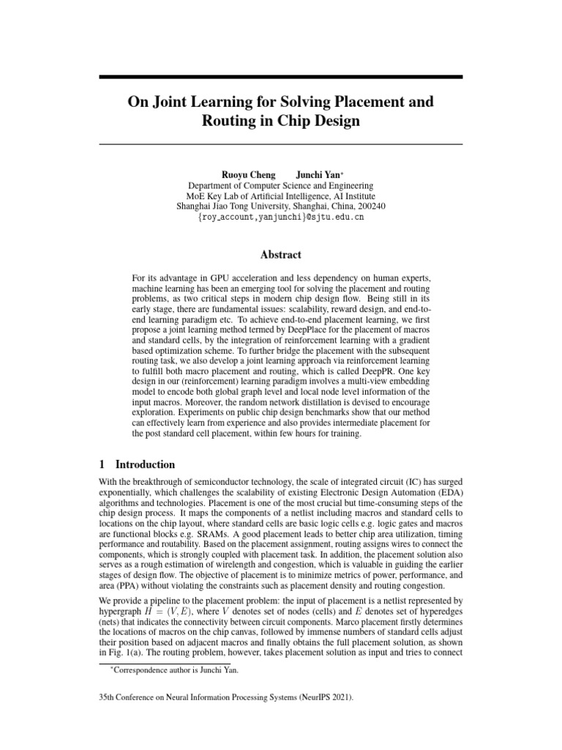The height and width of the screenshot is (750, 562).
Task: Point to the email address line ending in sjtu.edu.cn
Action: [281, 218]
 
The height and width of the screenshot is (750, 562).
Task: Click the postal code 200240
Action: [370, 207]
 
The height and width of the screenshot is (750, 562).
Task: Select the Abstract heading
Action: [281, 255]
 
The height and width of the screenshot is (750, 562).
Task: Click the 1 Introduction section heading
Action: [137, 464]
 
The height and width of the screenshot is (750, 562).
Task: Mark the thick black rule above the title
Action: [281, 76]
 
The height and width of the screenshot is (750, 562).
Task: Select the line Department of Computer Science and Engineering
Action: [281, 186]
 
